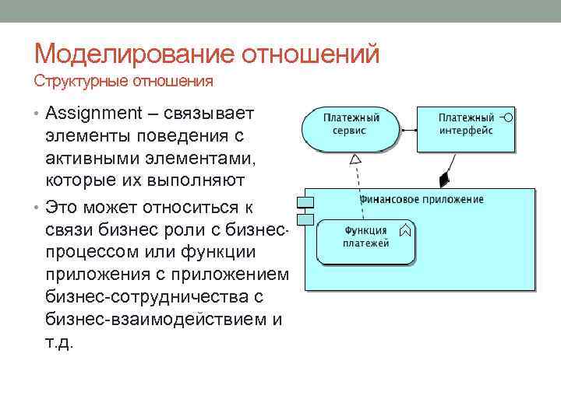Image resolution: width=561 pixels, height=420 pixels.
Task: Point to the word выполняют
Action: (x=203, y=180)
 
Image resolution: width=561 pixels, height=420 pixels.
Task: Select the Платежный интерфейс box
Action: (x=466, y=129)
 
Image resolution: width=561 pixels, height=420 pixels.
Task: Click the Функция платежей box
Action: (x=365, y=241)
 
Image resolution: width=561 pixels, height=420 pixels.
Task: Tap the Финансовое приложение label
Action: (x=421, y=199)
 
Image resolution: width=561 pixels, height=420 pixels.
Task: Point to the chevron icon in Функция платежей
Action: (x=404, y=230)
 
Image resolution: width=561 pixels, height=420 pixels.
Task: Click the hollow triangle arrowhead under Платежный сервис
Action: (x=355, y=159)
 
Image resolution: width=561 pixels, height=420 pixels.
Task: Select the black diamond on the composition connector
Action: (x=444, y=180)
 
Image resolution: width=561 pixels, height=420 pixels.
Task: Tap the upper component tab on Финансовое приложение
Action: (x=304, y=203)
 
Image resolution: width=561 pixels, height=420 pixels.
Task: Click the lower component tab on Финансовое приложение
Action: (x=304, y=220)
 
